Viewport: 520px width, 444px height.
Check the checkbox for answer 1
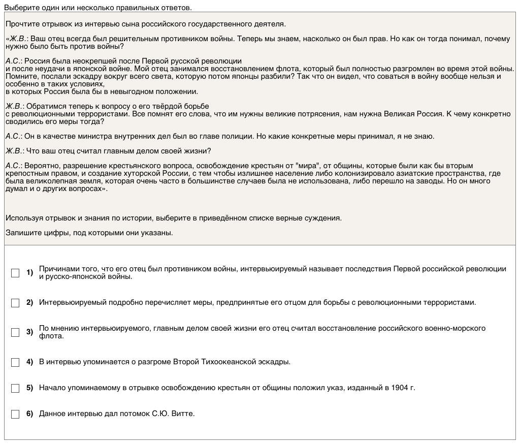[15, 273]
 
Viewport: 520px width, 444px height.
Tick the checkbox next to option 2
[15, 303]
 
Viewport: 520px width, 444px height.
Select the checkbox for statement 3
[15, 332]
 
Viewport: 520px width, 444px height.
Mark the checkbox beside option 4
[15, 362]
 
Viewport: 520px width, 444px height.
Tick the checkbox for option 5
[15, 388]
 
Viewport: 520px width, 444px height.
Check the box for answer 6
[15, 414]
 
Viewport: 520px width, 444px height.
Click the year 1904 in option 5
[400, 388]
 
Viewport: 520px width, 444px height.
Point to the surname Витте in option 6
[184, 414]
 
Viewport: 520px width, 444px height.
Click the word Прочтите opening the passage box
[21, 24]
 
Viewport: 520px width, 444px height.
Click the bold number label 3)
[29, 332]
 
